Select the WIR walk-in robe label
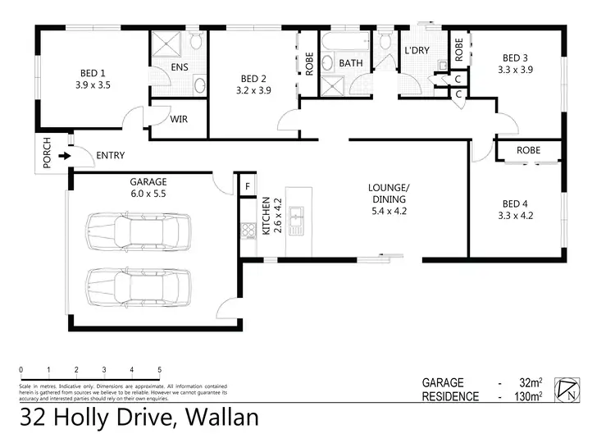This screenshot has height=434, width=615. click(x=179, y=119)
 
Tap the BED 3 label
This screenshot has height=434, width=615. click(x=515, y=57)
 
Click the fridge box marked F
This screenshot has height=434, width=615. click(x=245, y=187)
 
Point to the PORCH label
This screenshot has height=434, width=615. click(x=47, y=153)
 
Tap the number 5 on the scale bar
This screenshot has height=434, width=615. click(x=159, y=370)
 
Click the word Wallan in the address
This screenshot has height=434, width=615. click(x=216, y=418)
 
